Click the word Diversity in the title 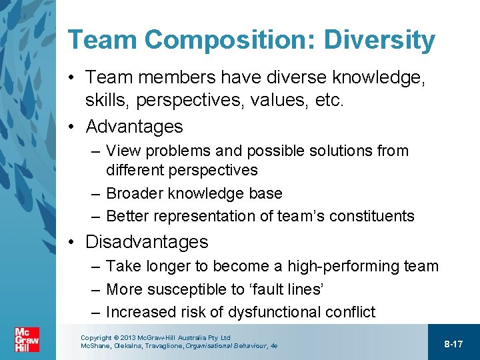tap(379, 40)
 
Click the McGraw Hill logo tap(27, 339)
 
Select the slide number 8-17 tap(453, 343)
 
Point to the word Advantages tap(134, 126)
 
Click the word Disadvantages tap(147, 241)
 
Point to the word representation tap(199, 216)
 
